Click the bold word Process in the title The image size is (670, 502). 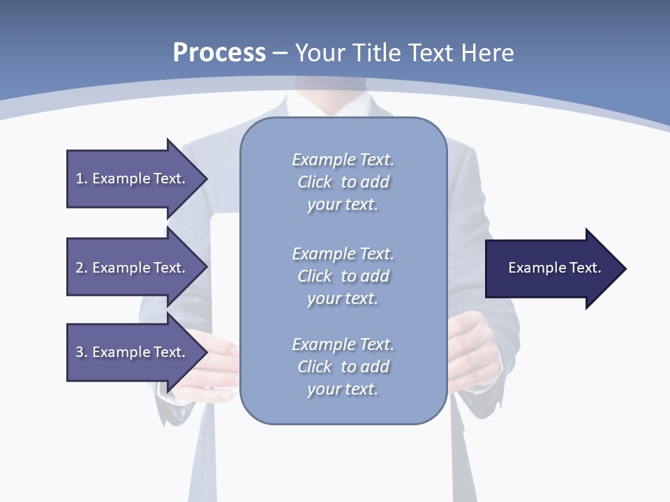(x=219, y=53)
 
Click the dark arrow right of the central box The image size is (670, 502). (x=551, y=268)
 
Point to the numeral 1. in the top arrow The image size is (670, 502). (x=82, y=178)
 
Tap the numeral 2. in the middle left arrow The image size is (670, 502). (x=82, y=268)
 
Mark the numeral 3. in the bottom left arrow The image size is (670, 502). (x=82, y=352)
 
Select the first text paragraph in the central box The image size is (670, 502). (x=343, y=182)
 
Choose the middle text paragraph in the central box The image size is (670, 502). (x=343, y=275)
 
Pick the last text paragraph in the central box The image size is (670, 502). (x=343, y=367)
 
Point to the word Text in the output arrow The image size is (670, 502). (x=586, y=268)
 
